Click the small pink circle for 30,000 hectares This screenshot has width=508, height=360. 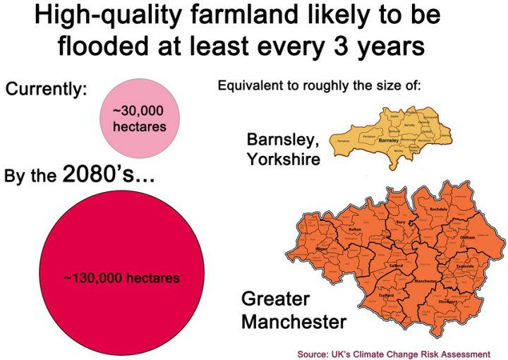coord(139,116)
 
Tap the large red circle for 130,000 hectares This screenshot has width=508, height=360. coord(121,277)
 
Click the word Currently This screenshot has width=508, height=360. coord(47,90)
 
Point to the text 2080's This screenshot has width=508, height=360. coord(109,173)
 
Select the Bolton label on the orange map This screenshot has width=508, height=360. coord(354,230)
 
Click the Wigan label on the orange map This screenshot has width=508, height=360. coord(321,250)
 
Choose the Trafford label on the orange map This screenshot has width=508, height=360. coord(365,296)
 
